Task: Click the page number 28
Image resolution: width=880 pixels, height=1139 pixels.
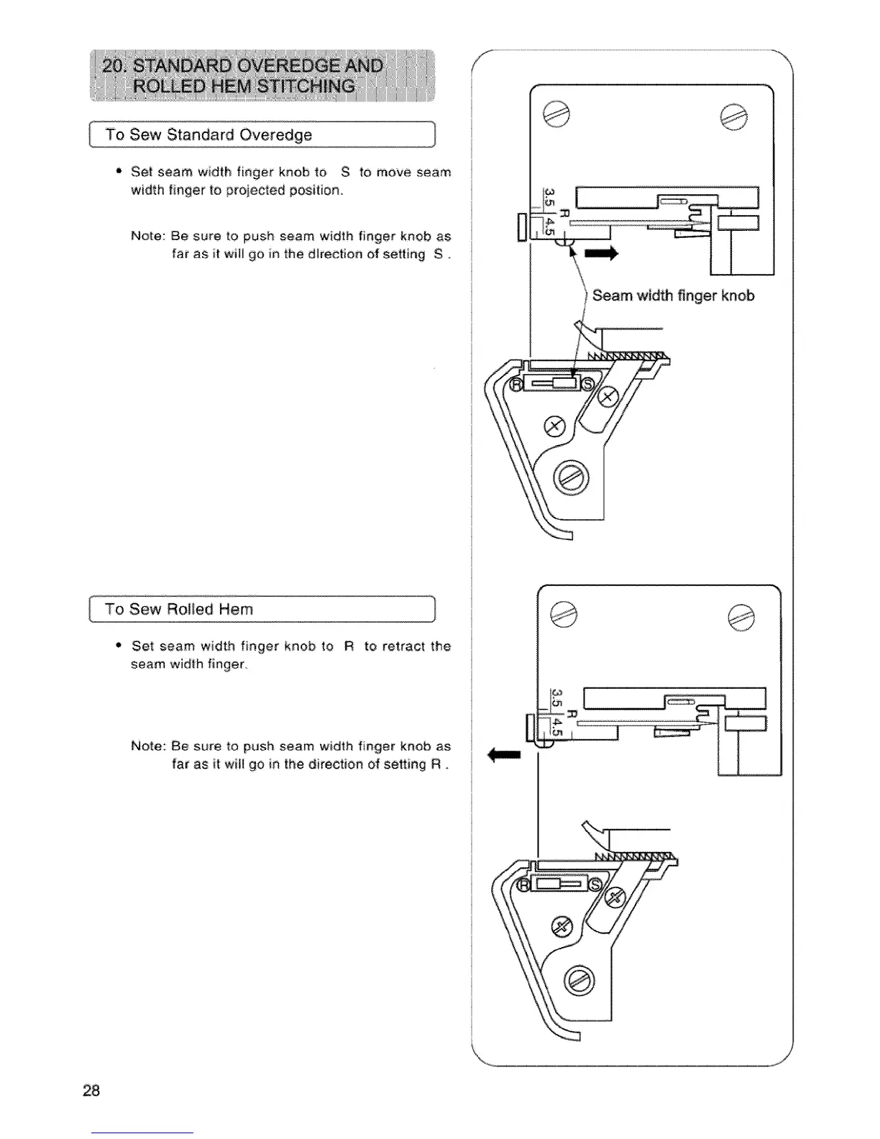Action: pos(91,1091)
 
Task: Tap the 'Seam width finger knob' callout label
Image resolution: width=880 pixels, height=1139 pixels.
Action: pos(673,296)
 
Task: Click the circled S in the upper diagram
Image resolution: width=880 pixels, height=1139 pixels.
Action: pos(587,383)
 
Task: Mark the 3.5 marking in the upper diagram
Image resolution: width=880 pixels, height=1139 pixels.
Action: pos(548,196)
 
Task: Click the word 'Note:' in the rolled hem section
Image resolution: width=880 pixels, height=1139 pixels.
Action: pos(148,746)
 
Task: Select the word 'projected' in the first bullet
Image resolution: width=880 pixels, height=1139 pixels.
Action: pos(255,191)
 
